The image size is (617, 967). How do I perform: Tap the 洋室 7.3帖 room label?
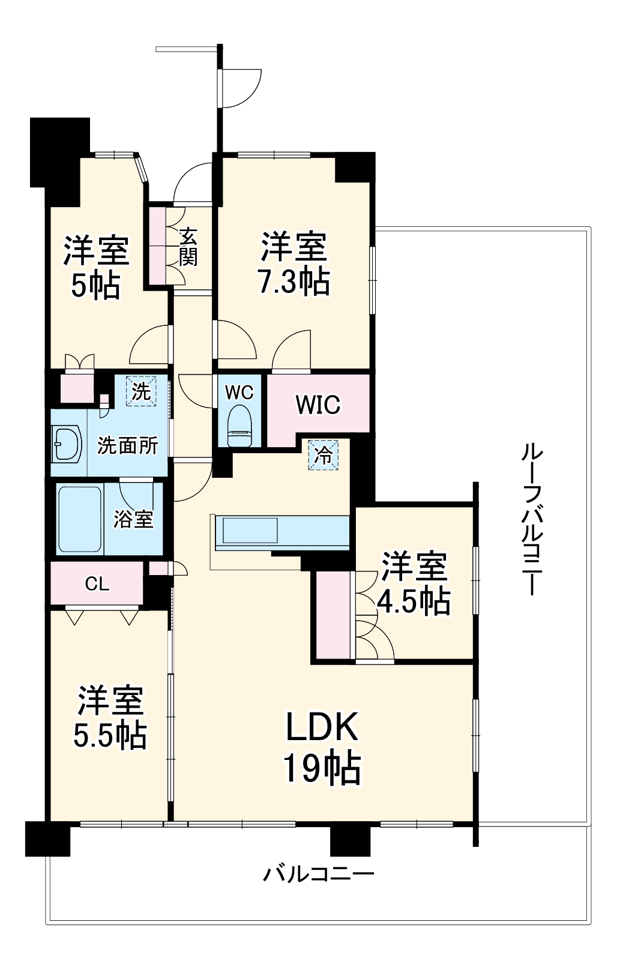[294, 264]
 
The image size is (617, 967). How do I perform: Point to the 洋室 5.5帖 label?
[110, 717]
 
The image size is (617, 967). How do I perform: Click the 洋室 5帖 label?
[96, 267]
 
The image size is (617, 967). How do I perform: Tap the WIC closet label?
[318, 405]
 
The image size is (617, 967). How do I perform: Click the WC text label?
[239, 392]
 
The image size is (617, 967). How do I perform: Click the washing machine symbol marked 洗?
[141, 391]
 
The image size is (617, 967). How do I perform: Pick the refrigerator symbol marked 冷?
[323, 455]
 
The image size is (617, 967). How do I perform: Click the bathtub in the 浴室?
[80, 519]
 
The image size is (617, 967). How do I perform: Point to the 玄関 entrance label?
[188, 247]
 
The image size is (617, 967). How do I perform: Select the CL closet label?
[97, 584]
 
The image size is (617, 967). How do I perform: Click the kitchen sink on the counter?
[250, 530]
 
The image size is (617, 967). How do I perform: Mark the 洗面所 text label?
[127, 445]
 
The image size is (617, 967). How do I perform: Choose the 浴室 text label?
[133, 519]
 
